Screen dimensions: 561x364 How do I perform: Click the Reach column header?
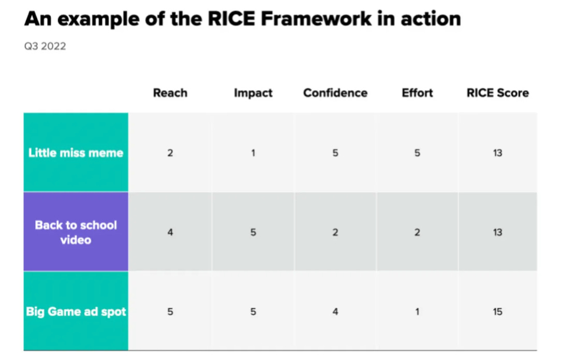[170, 93]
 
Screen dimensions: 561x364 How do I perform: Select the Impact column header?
[253, 93]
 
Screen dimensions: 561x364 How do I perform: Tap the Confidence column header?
[335, 93]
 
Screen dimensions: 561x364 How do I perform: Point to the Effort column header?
[417, 93]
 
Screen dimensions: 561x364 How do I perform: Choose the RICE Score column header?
[497, 93]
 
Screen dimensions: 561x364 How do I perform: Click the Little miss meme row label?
[76, 153]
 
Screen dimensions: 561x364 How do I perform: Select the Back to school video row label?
[76, 232]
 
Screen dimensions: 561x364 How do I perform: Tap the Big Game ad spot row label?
[76, 312]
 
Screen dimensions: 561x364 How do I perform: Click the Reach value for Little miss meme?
[170, 153]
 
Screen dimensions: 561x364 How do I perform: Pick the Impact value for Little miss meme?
[253, 153]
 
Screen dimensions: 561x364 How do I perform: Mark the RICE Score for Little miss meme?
[497, 153]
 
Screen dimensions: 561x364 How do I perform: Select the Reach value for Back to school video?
[170, 232]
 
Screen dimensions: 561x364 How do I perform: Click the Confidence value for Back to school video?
[335, 232]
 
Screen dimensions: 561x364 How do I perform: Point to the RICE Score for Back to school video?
[497, 232]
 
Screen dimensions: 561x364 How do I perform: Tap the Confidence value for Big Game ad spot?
[335, 312]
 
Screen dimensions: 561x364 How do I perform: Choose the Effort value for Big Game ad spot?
[417, 312]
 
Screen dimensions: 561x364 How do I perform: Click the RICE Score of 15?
[497, 312]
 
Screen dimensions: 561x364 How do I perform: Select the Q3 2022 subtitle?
[45, 47]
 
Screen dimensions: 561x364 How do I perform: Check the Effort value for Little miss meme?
[417, 153]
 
